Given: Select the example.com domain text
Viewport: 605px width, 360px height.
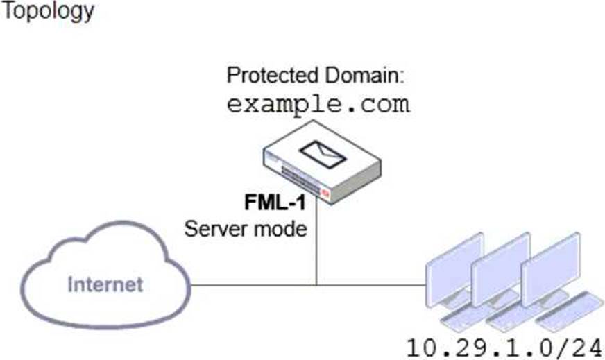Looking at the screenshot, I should click(318, 105).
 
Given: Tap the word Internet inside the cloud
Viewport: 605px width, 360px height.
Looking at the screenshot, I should click(106, 284).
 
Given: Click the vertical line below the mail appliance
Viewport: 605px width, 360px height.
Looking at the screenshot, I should click(317, 243).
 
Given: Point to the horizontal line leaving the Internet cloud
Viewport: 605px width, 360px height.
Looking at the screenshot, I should click(250, 284).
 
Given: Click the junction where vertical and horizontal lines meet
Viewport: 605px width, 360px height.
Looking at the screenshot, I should click(317, 284).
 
